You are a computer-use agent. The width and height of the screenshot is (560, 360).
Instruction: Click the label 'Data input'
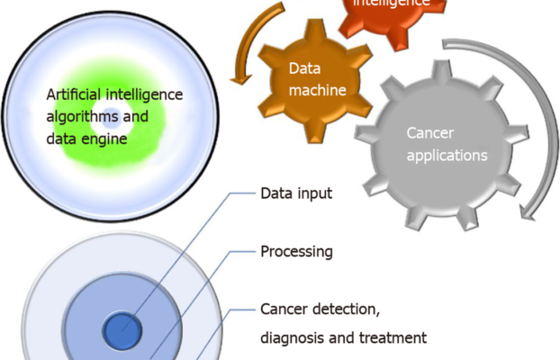click(x=296, y=193)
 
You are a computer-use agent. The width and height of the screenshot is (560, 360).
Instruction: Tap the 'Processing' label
click(x=296, y=252)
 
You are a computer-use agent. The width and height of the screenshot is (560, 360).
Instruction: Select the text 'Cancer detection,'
click(x=320, y=310)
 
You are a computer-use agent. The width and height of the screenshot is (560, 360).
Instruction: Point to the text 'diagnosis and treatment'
click(x=342, y=339)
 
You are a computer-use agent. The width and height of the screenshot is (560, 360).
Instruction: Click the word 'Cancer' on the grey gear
click(x=429, y=134)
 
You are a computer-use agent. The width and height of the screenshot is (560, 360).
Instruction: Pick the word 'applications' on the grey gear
click(x=446, y=155)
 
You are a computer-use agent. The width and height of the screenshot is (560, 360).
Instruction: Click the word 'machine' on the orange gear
click(x=317, y=88)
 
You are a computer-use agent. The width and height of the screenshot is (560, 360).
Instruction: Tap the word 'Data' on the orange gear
click(x=304, y=67)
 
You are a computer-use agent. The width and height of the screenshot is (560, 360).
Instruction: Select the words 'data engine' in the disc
click(x=86, y=139)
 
